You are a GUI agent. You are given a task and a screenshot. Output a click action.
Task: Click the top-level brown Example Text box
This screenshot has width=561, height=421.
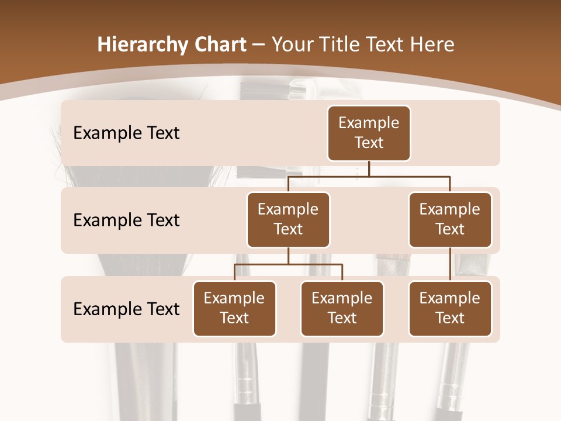pos(369,133)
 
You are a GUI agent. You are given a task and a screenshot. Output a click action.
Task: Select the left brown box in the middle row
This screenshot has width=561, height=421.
pos(288,220)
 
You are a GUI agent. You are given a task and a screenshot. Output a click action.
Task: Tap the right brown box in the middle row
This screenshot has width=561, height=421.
pos(450,220)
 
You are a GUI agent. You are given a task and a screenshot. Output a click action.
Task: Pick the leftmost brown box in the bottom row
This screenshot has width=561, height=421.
pos(234,309)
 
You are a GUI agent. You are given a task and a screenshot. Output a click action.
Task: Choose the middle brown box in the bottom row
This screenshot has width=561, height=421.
pos(342,309)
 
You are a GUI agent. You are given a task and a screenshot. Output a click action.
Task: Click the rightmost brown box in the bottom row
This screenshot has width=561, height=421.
pos(450,309)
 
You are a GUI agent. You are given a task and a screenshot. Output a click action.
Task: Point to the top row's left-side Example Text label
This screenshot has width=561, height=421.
pos(126,133)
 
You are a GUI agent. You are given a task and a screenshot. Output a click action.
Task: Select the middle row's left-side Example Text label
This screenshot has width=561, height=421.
pos(126,220)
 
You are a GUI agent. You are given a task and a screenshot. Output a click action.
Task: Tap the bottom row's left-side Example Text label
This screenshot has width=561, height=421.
pos(126,309)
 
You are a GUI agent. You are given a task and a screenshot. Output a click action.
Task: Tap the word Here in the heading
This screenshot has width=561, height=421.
pos(433,44)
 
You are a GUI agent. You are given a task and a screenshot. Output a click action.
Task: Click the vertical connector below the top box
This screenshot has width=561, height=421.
pos(369,168)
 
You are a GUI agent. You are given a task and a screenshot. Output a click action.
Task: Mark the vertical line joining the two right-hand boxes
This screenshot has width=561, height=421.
pos(450,264)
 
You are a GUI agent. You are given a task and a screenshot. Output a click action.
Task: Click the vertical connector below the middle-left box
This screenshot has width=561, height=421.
pos(288,256)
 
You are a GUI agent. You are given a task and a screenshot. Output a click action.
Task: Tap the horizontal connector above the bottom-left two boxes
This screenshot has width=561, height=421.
pos(288,264)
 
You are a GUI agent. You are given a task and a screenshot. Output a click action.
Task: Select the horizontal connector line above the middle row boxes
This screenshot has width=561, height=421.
pos(409,176)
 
